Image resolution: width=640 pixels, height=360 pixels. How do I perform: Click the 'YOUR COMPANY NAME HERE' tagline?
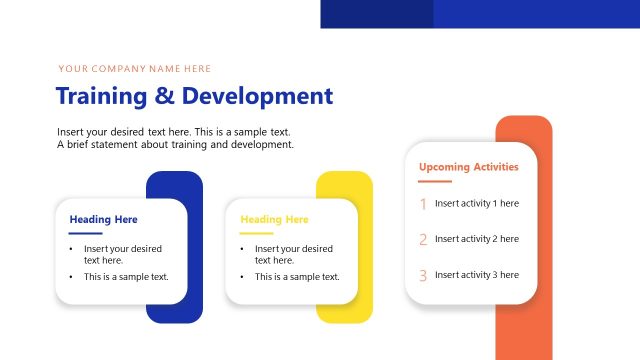point(135,69)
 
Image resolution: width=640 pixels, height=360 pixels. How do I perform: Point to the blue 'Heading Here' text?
point(103,219)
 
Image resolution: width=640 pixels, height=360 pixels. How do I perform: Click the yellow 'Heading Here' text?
point(274,219)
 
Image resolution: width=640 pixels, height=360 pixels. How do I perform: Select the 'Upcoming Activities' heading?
point(468,167)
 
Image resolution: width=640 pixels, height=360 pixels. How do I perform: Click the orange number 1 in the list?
point(423,204)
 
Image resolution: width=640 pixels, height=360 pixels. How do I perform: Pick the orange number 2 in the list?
point(423,240)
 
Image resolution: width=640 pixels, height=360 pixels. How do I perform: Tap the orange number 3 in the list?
point(423,275)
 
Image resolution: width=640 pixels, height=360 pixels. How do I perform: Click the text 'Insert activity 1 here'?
point(477,203)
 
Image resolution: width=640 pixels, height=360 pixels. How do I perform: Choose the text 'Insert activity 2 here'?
point(477,239)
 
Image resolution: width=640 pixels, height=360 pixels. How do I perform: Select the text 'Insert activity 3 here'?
point(477,275)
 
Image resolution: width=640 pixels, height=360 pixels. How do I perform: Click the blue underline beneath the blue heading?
point(86,233)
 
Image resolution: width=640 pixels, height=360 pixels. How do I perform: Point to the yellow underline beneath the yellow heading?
point(257,233)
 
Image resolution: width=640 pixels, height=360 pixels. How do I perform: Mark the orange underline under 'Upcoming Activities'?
point(435,181)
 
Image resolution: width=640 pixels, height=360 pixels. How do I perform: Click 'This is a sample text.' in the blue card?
point(126,277)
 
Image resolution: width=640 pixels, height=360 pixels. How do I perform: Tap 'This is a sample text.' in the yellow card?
point(297,277)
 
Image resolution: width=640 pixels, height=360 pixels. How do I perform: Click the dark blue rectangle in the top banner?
point(377,13)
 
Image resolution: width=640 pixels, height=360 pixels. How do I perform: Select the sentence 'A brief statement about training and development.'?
point(175,145)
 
